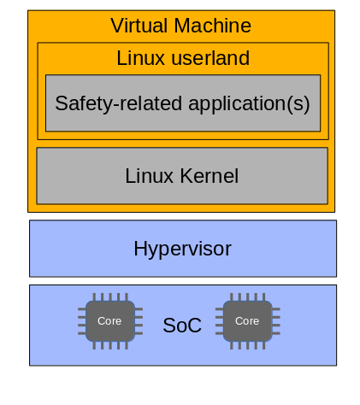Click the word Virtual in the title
tap(139, 26)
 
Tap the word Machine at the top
tap(212, 26)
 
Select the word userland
tap(210, 58)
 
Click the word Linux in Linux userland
tap(140, 58)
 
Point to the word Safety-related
tap(118, 103)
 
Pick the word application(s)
tap(249, 103)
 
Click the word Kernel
tap(209, 176)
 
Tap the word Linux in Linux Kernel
tap(149, 176)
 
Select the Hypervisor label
tap(182, 249)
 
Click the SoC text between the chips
tap(182, 325)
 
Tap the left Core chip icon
tap(110, 321)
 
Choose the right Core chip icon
tap(248, 321)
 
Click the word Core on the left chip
tap(109, 321)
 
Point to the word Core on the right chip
tap(247, 321)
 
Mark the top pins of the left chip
tap(110, 297)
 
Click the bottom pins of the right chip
tap(248, 345)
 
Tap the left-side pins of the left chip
tap(82, 321)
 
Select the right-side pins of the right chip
tap(276, 321)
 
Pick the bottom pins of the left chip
tap(110, 345)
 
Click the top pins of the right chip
tap(248, 297)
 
